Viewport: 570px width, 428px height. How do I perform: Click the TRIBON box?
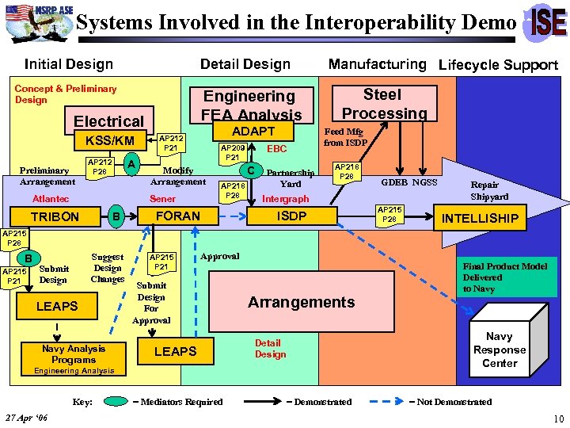pos(55,216)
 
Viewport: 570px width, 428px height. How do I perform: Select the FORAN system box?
pos(177,216)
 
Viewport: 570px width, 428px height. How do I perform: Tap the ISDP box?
pos(291,216)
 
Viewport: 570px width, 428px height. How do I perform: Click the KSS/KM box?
pos(104,141)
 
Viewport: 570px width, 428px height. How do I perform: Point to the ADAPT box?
pos(253,131)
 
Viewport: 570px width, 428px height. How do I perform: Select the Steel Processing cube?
pos(383,104)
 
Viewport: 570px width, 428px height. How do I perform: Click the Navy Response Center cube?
pos(499,349)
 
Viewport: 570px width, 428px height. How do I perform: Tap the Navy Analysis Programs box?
pos(74,353)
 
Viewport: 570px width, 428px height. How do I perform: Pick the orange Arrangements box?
pos(301,302)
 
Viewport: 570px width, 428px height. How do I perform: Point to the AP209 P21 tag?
pos(233,153)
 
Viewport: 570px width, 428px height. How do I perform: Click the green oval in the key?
pos(116,402)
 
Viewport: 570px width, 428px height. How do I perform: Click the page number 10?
pos(559,418)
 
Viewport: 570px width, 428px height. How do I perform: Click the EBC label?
pos(277,148)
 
